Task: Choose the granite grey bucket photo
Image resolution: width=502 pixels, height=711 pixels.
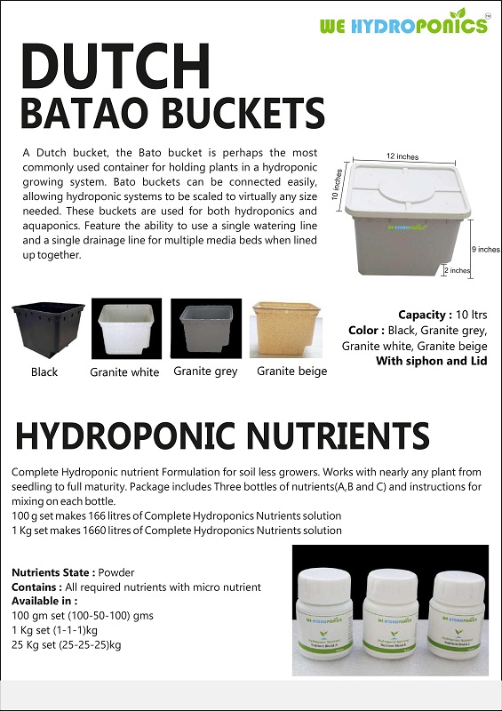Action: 204,329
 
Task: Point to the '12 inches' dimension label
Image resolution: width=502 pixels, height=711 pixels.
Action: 404,156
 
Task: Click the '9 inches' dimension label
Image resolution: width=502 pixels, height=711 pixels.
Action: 485,251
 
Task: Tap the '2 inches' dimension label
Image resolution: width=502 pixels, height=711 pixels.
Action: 457,270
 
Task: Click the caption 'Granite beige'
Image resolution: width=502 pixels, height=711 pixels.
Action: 291,371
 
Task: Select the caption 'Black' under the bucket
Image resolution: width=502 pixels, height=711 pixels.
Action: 44,372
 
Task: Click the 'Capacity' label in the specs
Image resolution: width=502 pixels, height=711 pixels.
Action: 425,315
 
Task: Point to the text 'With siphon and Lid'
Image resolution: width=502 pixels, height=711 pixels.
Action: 431,361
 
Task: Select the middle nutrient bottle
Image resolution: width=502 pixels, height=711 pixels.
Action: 392,614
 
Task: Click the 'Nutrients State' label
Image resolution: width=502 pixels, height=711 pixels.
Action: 52,573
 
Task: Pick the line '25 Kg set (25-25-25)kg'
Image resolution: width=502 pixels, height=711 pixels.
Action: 67,644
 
